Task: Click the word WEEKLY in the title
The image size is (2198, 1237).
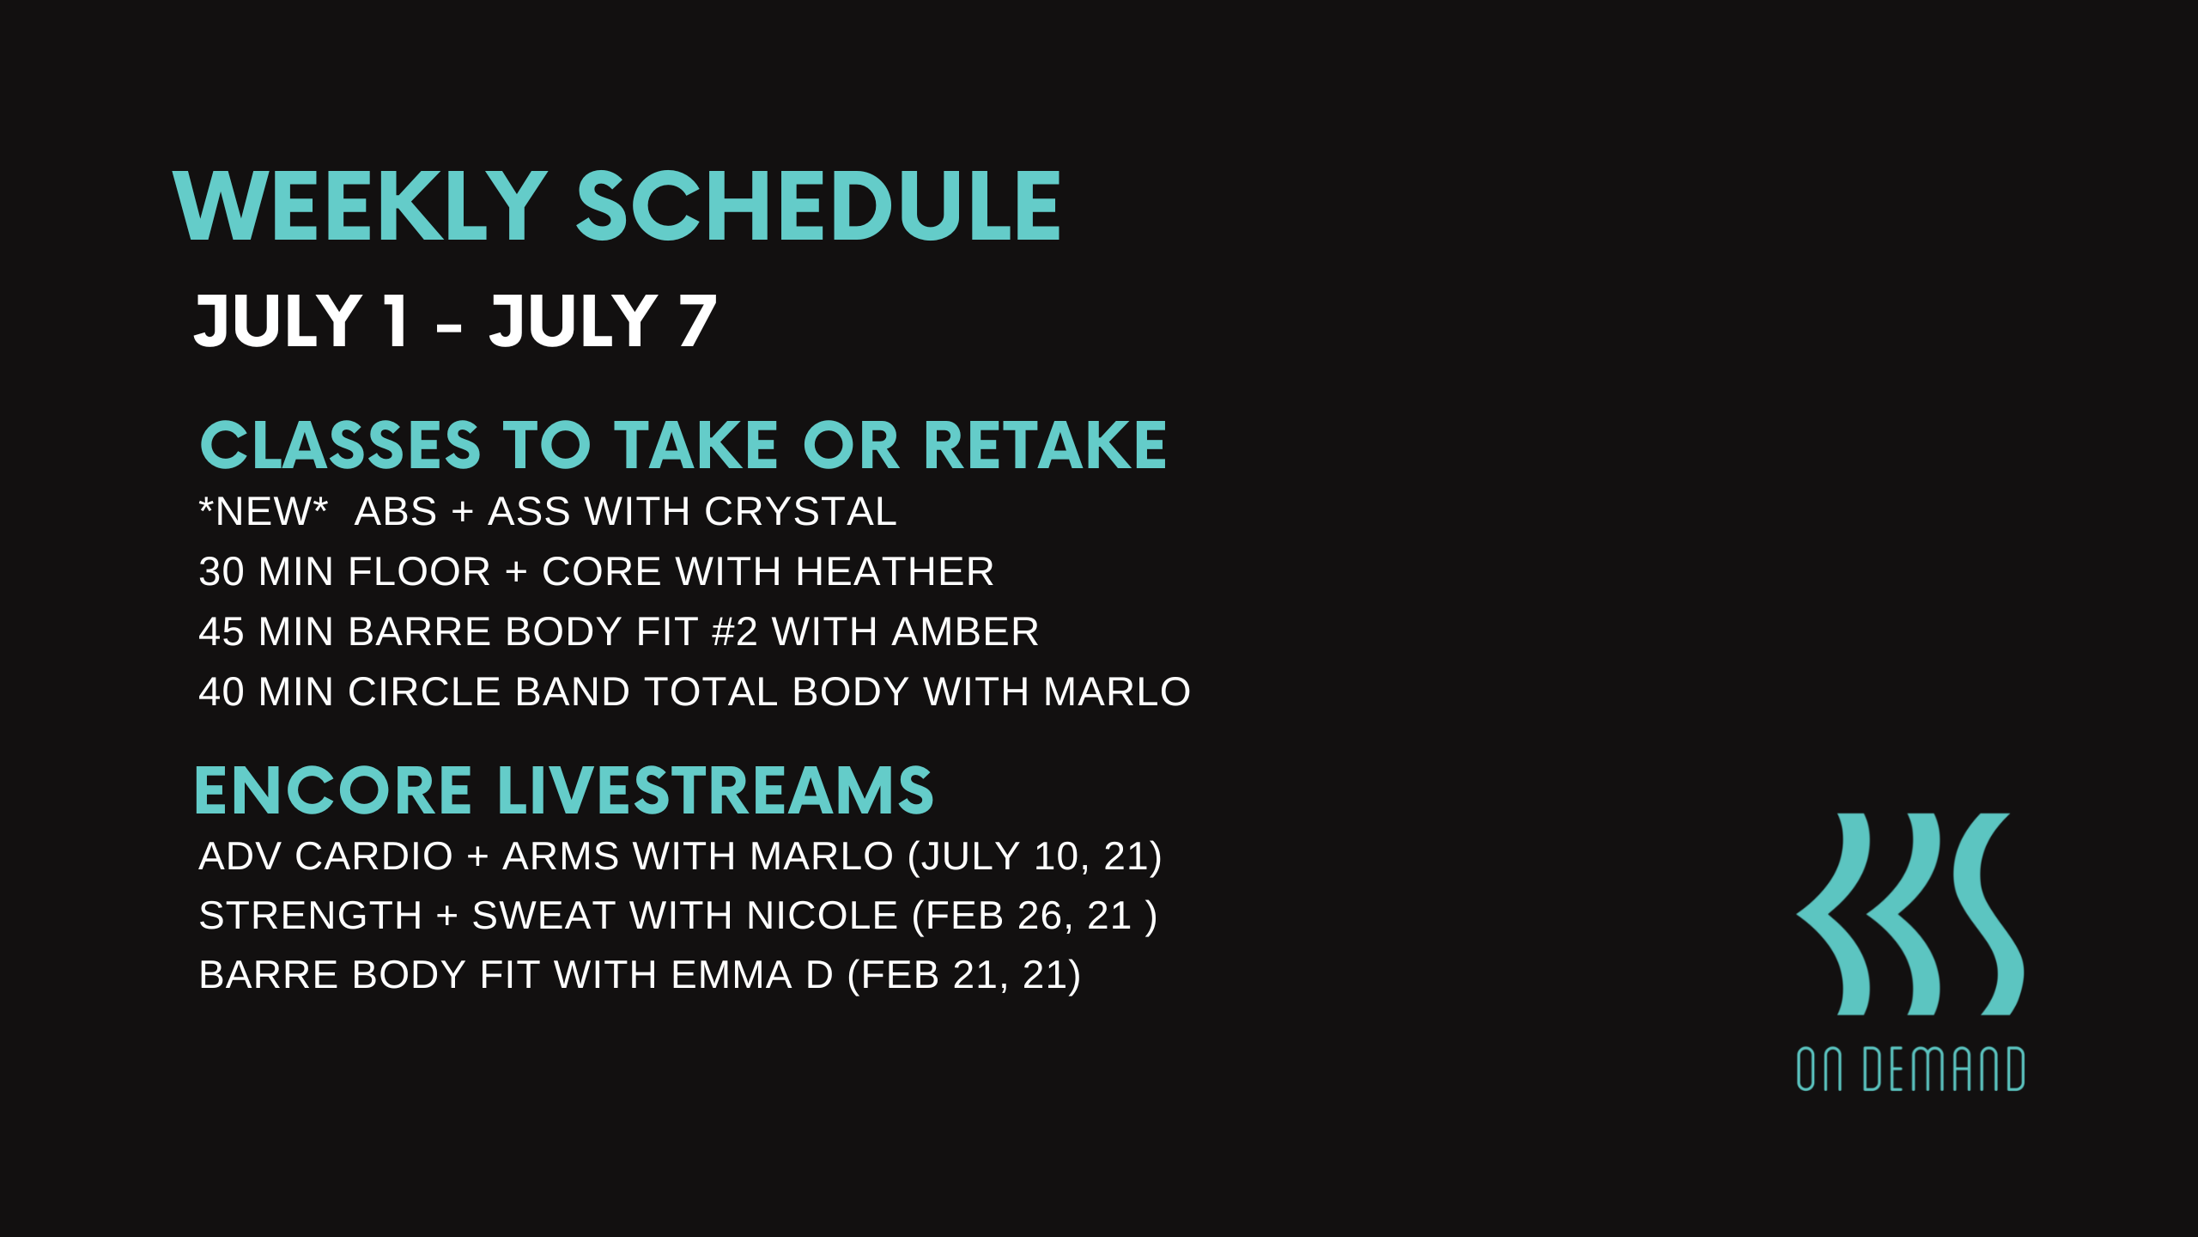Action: [360, 206]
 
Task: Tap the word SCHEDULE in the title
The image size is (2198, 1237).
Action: [818, 206]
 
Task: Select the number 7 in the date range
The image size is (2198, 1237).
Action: [697, 320]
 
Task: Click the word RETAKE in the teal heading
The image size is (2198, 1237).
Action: [1045, 445]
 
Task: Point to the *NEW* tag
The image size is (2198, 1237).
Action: [264, 512]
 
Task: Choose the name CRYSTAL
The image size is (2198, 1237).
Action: [800, 512]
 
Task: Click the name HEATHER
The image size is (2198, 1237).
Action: [895, 572]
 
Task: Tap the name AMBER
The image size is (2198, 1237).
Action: [965, 632]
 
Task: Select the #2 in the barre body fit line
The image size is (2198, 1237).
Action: [735, 632]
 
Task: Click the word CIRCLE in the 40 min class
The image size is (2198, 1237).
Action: [424, 692]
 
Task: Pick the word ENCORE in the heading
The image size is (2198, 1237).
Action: [333, 790]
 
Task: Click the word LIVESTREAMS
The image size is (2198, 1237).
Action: [715, 790]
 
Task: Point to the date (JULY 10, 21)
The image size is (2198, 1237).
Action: [1035, 856]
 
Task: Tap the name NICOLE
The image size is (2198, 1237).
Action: [823, 916]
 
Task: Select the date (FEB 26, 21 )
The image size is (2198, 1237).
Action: [1035, 916]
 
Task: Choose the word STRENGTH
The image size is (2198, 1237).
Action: [310, 916]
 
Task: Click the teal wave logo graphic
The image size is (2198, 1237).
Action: [1910, 914]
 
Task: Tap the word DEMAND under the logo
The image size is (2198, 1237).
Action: [1944, 1069]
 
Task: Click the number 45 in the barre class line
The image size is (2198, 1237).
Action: [222, 632]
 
